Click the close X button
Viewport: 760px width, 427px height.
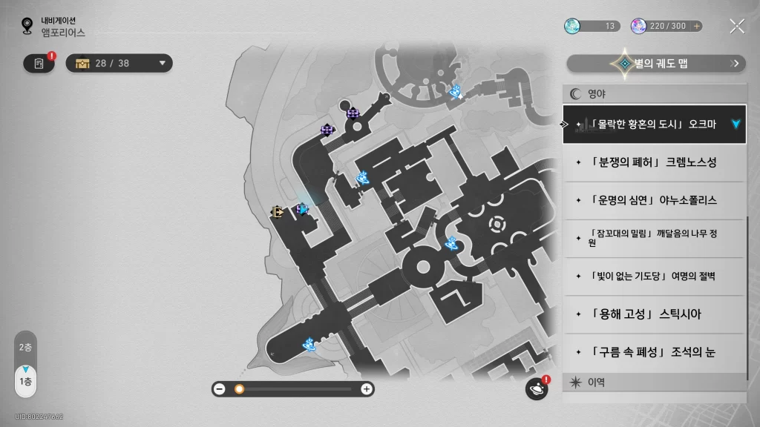tap(737, 26)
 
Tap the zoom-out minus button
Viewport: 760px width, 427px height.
tap(220, 388)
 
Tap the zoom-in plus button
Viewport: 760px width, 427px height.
tap(367, 388)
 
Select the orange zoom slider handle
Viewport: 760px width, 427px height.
tap(239, 388)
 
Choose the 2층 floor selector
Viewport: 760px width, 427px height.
tap(25, 347)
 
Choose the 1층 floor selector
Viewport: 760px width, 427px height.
tap(26, 382)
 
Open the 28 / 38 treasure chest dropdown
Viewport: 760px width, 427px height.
tap(119, 64)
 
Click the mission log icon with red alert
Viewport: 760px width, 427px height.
tap(39, 64)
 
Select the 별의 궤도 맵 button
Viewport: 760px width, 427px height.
tap(656, 64)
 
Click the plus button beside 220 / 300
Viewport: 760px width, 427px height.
tap(696, 26)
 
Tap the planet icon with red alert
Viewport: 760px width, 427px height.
tap(537, 388)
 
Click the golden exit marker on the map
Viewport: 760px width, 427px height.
tap(278, 212)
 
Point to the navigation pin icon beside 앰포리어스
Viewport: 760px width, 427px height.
tap(27, 26)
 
